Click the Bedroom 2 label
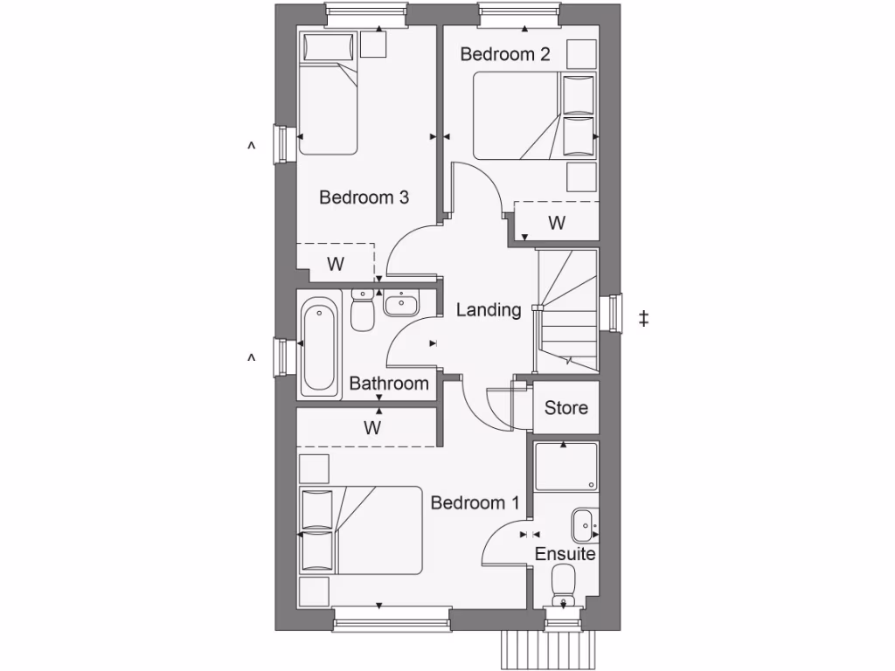point(505,54)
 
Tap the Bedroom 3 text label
point(364,197)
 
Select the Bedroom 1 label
point(475,503)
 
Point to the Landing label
point(489,309)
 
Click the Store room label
point(565,408)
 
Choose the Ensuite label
point(565,554)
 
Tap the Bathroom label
point(389,384)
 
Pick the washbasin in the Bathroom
point(400,303)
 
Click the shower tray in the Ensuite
point(565,466)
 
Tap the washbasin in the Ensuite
point(584,526)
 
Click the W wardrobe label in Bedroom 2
point(556,223)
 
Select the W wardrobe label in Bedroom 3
point(335,263)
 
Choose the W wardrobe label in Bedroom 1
point(373,428)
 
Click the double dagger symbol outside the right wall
point(644,319)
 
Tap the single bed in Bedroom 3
point(328,93)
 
